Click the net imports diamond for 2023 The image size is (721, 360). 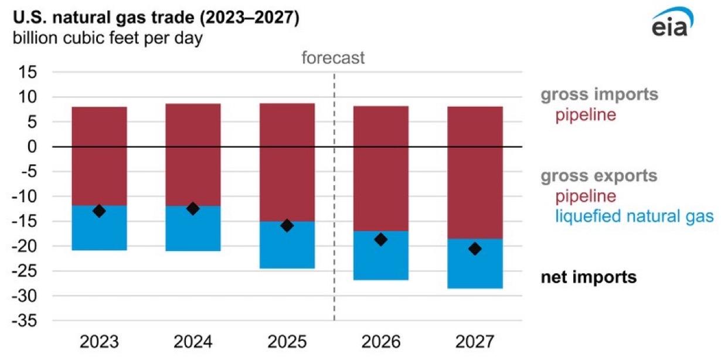(99, 211)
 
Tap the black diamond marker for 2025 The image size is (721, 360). (287, 225)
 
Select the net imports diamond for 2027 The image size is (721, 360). (475, 249)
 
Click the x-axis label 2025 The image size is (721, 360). (287, 342)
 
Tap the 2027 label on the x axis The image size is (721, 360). (475, 342)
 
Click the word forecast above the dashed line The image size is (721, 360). (333, 58)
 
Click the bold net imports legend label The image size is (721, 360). (588, 277)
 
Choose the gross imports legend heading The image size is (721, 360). (598, 94)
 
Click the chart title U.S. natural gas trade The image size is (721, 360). (154, 19)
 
